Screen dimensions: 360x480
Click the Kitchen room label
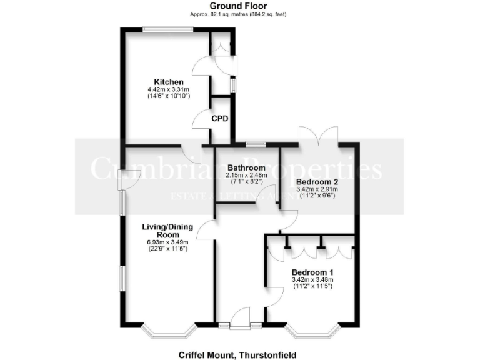(169, 82)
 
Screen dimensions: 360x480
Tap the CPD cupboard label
(219, 118)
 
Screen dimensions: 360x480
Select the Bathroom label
(246, 168)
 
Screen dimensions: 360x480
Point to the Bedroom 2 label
(316, 182)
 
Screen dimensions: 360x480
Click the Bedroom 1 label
(312, 272)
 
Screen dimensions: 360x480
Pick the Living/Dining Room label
(167, 230)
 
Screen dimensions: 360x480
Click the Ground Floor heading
(239, 6)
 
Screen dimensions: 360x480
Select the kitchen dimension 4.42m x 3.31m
(168, 90)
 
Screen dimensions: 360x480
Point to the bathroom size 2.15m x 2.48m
(246, 176)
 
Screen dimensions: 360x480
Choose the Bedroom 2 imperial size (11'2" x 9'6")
(316, 196)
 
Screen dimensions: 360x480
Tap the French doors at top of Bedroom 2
(319, 136)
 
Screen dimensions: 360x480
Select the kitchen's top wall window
(167, 27)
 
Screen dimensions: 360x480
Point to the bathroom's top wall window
(254, 144)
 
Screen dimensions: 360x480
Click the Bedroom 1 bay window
(312, 332)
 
